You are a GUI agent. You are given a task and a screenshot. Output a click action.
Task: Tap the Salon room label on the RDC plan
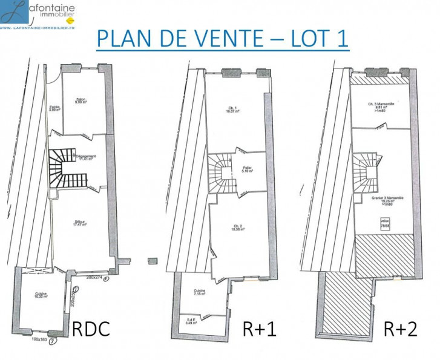click(x=80, y=102)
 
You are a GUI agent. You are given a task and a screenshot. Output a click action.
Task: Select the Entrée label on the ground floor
click(x=54, y=109)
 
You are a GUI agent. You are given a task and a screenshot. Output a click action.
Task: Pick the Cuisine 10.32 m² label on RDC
click(x=41, y=296)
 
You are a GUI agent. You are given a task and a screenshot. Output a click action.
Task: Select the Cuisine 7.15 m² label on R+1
click(x=200, y=292)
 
